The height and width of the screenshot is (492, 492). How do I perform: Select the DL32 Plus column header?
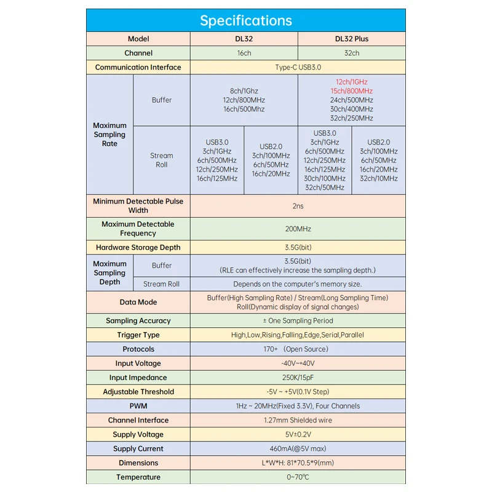click(352, 39)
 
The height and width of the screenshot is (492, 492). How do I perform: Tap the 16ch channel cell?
click(244, 53)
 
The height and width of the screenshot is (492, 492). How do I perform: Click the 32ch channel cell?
click(352, 53)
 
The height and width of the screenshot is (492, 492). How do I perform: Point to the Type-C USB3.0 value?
click(298, 67)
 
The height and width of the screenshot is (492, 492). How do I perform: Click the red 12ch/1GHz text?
click(352, 82)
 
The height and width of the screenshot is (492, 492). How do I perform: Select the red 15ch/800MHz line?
click(352, 91)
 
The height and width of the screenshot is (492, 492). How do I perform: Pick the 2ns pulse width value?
click(298, 205)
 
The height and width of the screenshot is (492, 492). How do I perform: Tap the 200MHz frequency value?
click(298, 229)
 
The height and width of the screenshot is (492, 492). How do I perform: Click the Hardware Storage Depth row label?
click(138, 247)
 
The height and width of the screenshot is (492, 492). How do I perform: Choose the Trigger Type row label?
click(138, 335)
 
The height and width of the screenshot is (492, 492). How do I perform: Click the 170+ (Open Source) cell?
click(298, 349)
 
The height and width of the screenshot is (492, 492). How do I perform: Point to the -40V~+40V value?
click(298, 363)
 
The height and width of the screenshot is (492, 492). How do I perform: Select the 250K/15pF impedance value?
click(298, 378)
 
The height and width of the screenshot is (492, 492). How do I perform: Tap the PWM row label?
click(138, 406)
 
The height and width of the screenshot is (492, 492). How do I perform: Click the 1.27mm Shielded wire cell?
click(298, 420)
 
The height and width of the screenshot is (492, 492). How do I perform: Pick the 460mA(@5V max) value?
click(298, 448)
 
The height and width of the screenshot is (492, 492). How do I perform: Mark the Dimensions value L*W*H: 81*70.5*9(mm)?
click(298, 462)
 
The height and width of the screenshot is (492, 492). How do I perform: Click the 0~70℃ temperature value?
click(298, 477)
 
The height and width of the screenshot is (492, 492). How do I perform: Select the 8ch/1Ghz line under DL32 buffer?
click(244, 91)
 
